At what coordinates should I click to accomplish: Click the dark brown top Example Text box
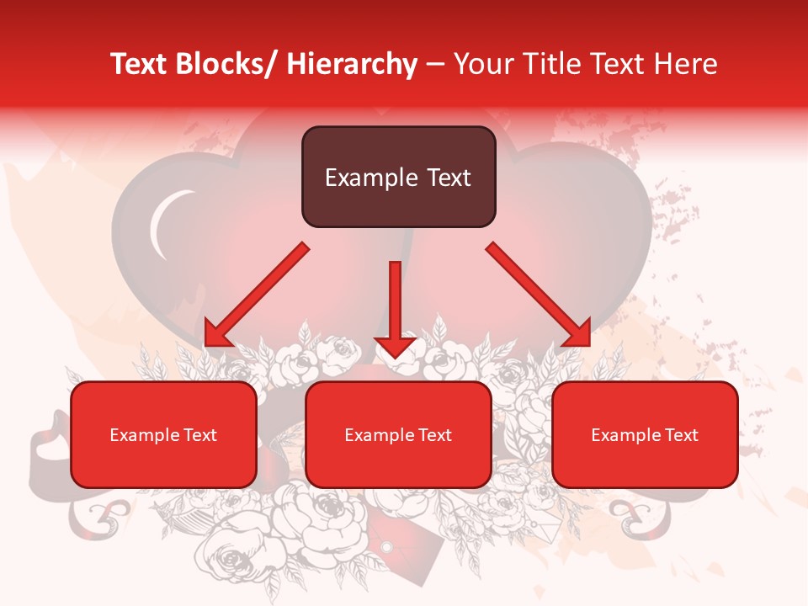coord(398,177)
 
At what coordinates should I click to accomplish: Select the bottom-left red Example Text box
coord(163,434)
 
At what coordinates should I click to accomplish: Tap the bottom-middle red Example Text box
coord(398,434)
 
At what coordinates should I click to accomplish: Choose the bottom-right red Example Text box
coord(645,434)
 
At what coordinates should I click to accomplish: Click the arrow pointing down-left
coord(257,295)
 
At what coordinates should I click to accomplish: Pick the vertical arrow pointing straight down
coord(395,307)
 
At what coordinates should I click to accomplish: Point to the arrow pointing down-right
coord(539,295)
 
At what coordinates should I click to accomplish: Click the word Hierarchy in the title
coord(352,64)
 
